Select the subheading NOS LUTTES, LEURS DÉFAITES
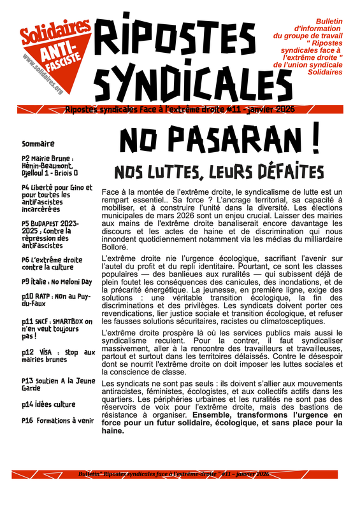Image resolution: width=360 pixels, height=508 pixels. pyautogui.click(x=219, y=172)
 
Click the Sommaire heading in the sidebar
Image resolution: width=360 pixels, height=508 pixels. pyautogui.click(x=38, y=144)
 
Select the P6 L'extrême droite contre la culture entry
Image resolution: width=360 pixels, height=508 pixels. pyautogui.click(x=52, y=264)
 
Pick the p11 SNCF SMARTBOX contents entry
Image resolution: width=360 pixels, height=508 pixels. pyautogui.click(x=56, y=328)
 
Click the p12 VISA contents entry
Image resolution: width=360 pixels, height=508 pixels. pyautogui.click(x=57, y=356)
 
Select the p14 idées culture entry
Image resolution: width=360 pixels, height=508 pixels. pyautogui.click(x=48, y=404)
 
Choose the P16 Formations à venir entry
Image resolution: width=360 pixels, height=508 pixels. pyautogui.click(x=57, y=421)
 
